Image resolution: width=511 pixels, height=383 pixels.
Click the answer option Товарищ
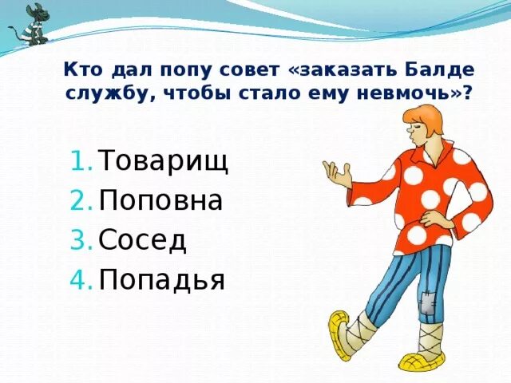164,162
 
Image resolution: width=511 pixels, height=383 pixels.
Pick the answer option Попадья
162,278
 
